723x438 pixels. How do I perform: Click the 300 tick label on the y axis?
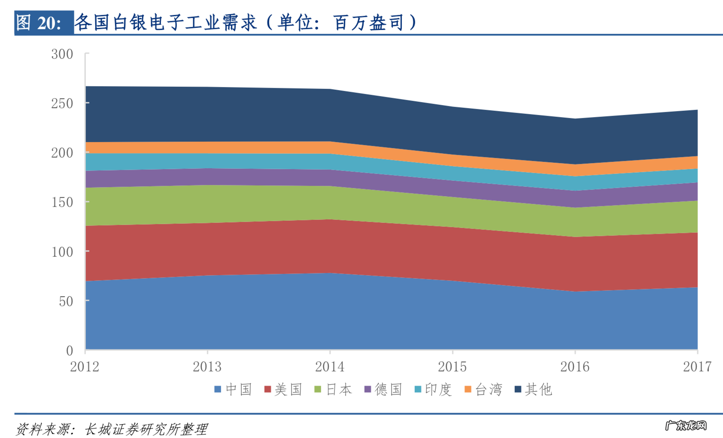(x=62, y=54)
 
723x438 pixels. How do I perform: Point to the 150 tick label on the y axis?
(x=62, y=202)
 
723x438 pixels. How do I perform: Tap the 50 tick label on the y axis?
(x=66, y=301)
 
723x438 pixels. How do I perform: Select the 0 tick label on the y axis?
(x=70, y=351)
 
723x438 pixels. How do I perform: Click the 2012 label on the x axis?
(x=85, y=367)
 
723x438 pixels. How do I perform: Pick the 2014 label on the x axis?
(x=330, y=367)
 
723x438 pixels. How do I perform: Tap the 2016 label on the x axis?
(x=575, y=367)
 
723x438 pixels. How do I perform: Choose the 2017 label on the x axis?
(x=697, y=367)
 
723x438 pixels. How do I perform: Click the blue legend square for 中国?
(x=218, y=389)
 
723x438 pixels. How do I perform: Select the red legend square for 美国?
(x=267, y=389)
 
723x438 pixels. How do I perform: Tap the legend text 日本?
(x=339, y=389)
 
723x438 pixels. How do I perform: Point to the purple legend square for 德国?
(x=368, y=389)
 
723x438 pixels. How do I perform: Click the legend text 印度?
(x=438, y=389)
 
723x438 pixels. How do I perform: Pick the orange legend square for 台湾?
(x=468, y=389)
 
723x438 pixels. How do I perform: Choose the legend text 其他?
(x=538, y=389)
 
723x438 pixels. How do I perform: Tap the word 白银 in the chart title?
(x=130, y=22)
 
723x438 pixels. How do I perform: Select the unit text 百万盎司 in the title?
(x=369, y=22)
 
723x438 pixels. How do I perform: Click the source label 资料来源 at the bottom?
(x=43, y=429)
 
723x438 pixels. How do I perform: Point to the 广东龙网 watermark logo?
(x=686, y=426)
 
